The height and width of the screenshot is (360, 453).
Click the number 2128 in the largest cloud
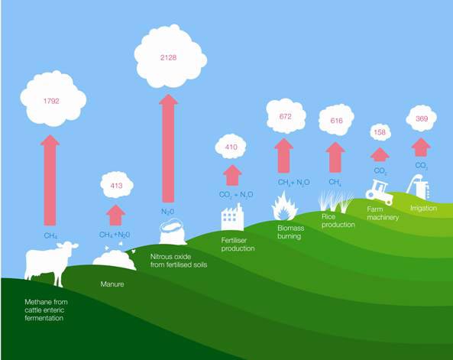(x=168, y=57)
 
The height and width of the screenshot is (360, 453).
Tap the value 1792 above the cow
(x=51, y=101)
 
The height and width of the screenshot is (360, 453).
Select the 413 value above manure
(x=116, y=185)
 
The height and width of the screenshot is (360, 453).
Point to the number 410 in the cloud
(x=231, y=147)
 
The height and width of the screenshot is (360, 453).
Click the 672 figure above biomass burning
(x=286, y=116)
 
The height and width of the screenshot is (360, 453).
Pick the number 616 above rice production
(x=337, y=120)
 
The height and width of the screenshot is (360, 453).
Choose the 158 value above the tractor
(x=380, y=132)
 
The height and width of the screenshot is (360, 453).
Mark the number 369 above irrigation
(x=422, y=118)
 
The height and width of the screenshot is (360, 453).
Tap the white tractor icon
(x=380, y=192)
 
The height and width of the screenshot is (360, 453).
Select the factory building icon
(x=232, y=217)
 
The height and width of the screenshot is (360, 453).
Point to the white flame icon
(x=285, y=206)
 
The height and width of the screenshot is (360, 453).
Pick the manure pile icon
(x=115, y=259)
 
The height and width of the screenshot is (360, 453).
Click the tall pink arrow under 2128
(x=168, y=148)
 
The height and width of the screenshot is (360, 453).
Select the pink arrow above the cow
(x=50, y=180)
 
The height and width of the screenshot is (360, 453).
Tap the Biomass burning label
(x=290, y=232)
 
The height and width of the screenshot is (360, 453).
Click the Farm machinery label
(x=383, y=213)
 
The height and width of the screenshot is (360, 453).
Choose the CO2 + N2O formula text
(x=236, y=195)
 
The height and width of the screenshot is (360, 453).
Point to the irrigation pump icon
(x=418, y=186)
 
